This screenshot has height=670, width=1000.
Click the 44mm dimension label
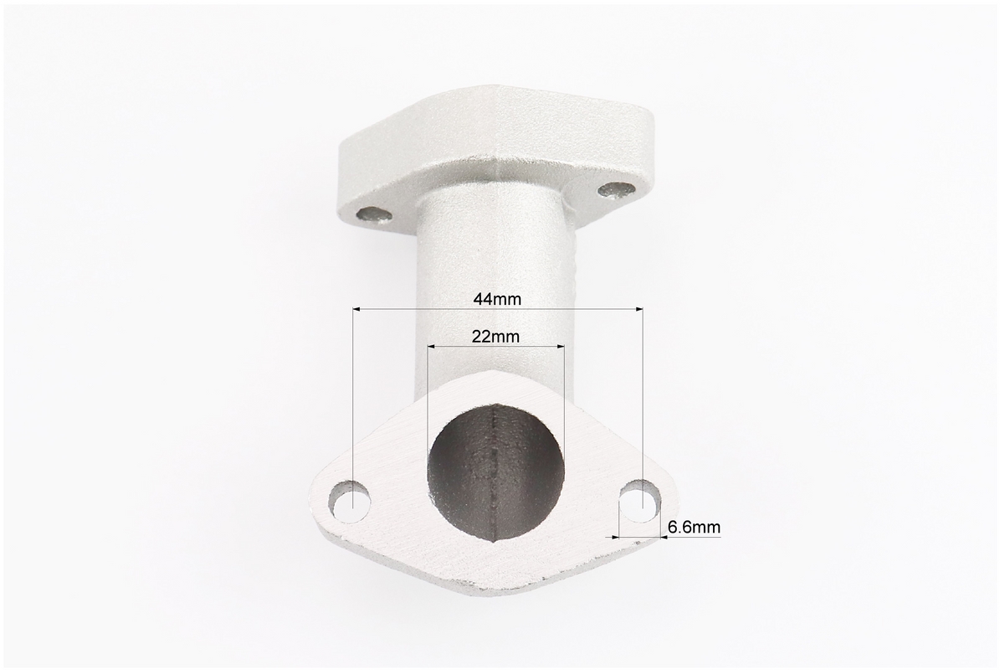(x=497, y=299)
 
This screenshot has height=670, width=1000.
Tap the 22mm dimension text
(x=495, y=337)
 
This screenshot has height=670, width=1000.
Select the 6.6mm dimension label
(x=694, y=527)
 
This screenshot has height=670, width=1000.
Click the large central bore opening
(x=496, y=471)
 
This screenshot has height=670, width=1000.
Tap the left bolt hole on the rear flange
(x=375, y=216)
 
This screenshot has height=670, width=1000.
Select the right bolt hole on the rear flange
(x=618, y=189)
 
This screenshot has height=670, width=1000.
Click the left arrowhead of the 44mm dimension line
(x=357, y=310)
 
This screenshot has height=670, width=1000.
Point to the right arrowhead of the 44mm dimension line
(x=638, y=310)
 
